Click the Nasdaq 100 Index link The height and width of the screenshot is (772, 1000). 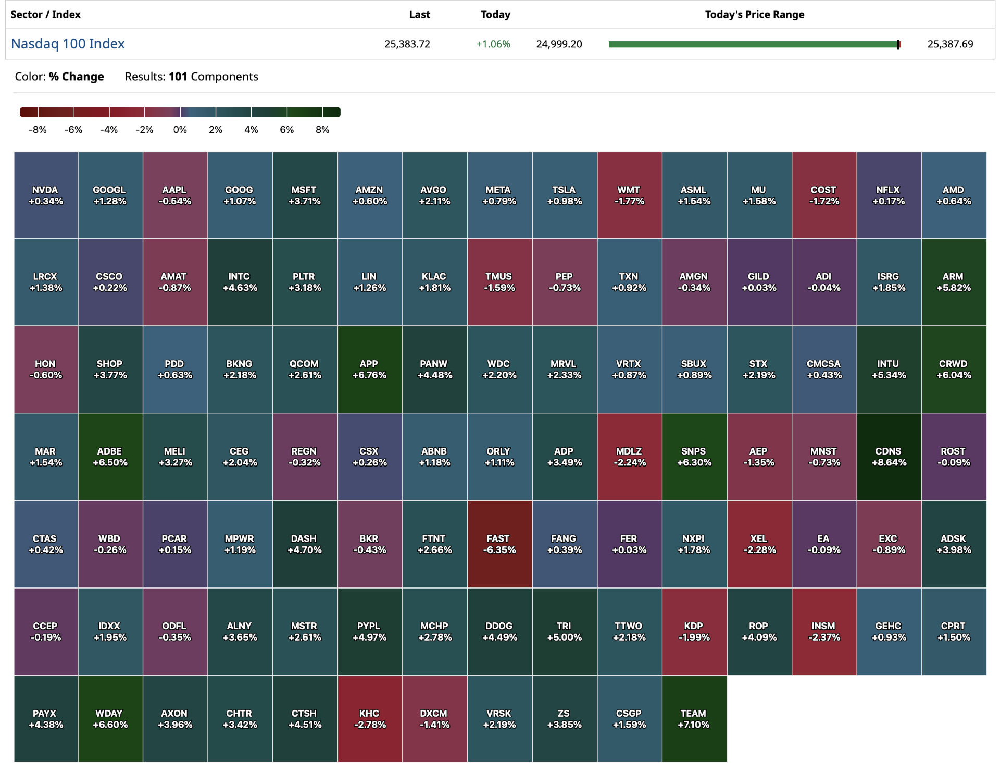tap(68, 44)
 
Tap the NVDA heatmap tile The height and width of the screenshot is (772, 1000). tap(46, 195)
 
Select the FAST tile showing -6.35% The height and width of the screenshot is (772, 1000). tap(499, 544)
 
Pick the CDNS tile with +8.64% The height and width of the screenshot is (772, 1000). tap(889, 457)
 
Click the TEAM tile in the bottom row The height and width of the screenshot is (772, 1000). tap(694, 719)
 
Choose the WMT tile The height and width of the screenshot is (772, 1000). tap(629, 195)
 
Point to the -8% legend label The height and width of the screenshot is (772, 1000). tap(37, 130)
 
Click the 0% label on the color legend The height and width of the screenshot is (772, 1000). tap(180, 130)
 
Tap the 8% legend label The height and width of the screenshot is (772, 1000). tap(322, 130)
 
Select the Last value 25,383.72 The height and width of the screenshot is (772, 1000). tap(407, 44)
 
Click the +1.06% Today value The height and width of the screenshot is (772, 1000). tap(493, 44)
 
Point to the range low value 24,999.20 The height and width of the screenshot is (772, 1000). tap(559, 44)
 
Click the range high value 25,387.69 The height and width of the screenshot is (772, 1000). tap(950, 44)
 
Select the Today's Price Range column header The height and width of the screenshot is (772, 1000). tap(754, 15)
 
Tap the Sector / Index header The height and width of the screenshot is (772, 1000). tap(46, 15)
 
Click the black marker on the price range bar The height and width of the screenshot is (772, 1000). tap(898, 44)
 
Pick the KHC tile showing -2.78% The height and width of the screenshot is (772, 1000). tap(369, 719)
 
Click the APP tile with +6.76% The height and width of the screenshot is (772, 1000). tap(369, 369)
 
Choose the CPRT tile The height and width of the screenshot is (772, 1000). tap(953, 631)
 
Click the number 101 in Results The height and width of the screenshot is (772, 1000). tap(178, 77)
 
